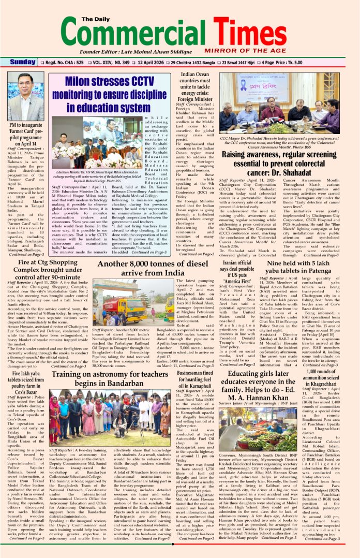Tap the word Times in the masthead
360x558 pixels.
[x=259, y=36]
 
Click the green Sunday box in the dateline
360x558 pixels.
[x=23, y=62]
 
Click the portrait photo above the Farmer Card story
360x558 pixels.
[x=26, y=96]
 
